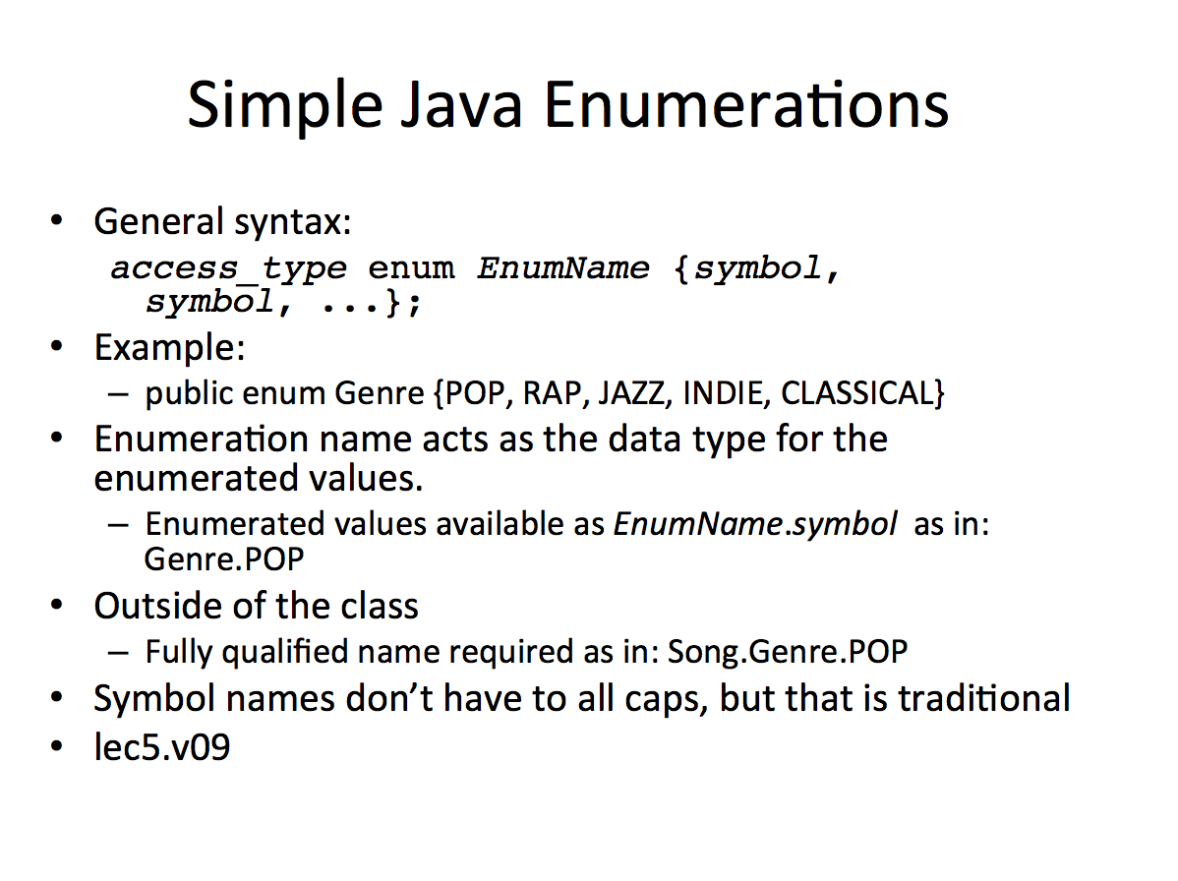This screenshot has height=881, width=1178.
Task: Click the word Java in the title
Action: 461,104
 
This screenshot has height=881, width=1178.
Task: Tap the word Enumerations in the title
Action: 746,104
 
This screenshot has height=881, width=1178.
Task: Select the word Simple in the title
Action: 285,106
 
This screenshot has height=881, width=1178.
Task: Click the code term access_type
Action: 229,268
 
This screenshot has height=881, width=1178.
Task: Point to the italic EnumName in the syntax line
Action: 563,267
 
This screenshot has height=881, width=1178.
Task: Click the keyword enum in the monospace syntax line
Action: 411,268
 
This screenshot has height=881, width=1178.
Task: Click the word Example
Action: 170,348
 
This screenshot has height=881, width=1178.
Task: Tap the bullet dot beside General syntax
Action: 56,221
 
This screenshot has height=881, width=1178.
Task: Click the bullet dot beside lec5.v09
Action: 56,746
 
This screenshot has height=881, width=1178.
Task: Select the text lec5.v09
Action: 161,747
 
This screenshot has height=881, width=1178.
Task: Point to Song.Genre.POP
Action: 788,651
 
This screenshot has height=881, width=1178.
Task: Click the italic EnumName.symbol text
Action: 755,524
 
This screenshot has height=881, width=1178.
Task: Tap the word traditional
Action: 983,698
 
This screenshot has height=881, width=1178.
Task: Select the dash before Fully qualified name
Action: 118,652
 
